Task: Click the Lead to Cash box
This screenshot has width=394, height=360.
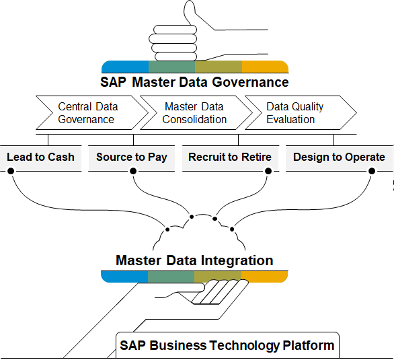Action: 41,158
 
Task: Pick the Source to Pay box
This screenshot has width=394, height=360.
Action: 131,158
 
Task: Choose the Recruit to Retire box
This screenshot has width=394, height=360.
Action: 231,158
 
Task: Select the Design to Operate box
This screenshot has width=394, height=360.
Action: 340,158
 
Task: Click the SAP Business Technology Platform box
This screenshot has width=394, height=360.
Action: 227,345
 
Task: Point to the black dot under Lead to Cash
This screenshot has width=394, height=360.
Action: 11,171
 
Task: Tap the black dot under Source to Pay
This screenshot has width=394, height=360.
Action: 133,171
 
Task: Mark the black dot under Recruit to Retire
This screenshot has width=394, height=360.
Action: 268,171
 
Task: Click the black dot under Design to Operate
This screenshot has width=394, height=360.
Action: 372,171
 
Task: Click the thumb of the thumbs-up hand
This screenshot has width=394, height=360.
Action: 190,13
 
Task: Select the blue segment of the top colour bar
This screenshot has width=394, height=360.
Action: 125,67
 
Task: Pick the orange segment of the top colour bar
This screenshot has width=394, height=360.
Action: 265,67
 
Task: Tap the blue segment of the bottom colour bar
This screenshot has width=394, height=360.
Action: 124,277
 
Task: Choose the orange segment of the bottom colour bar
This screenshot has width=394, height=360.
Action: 264,277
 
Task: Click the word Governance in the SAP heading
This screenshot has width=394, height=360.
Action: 250,83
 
